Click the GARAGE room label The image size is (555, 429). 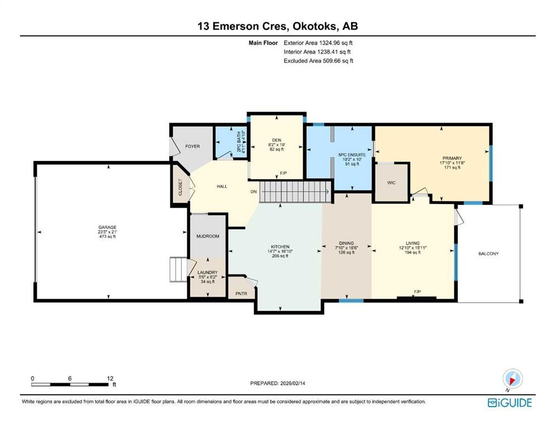click(x=108, y=227)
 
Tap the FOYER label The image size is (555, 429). click(x=192, y=146)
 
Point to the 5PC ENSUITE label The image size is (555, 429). click(x=352, y=154)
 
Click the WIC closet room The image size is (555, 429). click(x=391, y=182)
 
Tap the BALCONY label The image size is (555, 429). click(x=488, y=254)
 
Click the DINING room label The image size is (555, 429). click(x=347, y=243)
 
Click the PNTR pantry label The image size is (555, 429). click(x=241, y=292)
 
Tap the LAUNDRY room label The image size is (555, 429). click(x=207, y=273)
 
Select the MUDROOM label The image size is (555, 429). click(x=207, y=236)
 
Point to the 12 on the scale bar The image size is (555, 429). click(x=110, y=378)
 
